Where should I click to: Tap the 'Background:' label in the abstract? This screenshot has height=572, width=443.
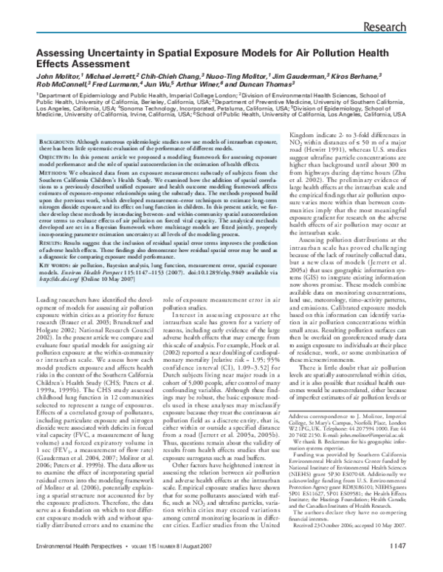coord(58,141)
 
